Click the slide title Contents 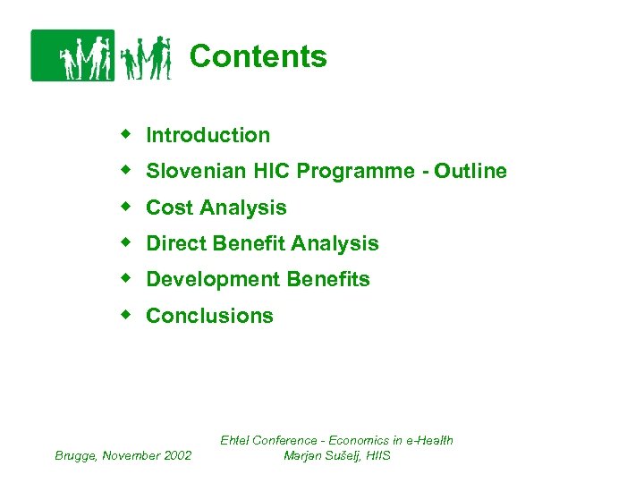[x=258, y=56]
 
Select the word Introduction [x=208, y=135]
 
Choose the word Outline [x=470, y=172]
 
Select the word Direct [x=174, y=243]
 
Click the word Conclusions [x=209, y=316]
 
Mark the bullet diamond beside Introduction [x=127, y=134]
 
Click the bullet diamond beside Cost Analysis [x=127, y=207]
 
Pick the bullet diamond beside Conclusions [x=127, y=315]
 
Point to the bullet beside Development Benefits [x=127, y=279]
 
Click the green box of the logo [x=72, y=55]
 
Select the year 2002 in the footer [x=176, y=455]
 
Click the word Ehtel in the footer [x=237, y=440]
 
